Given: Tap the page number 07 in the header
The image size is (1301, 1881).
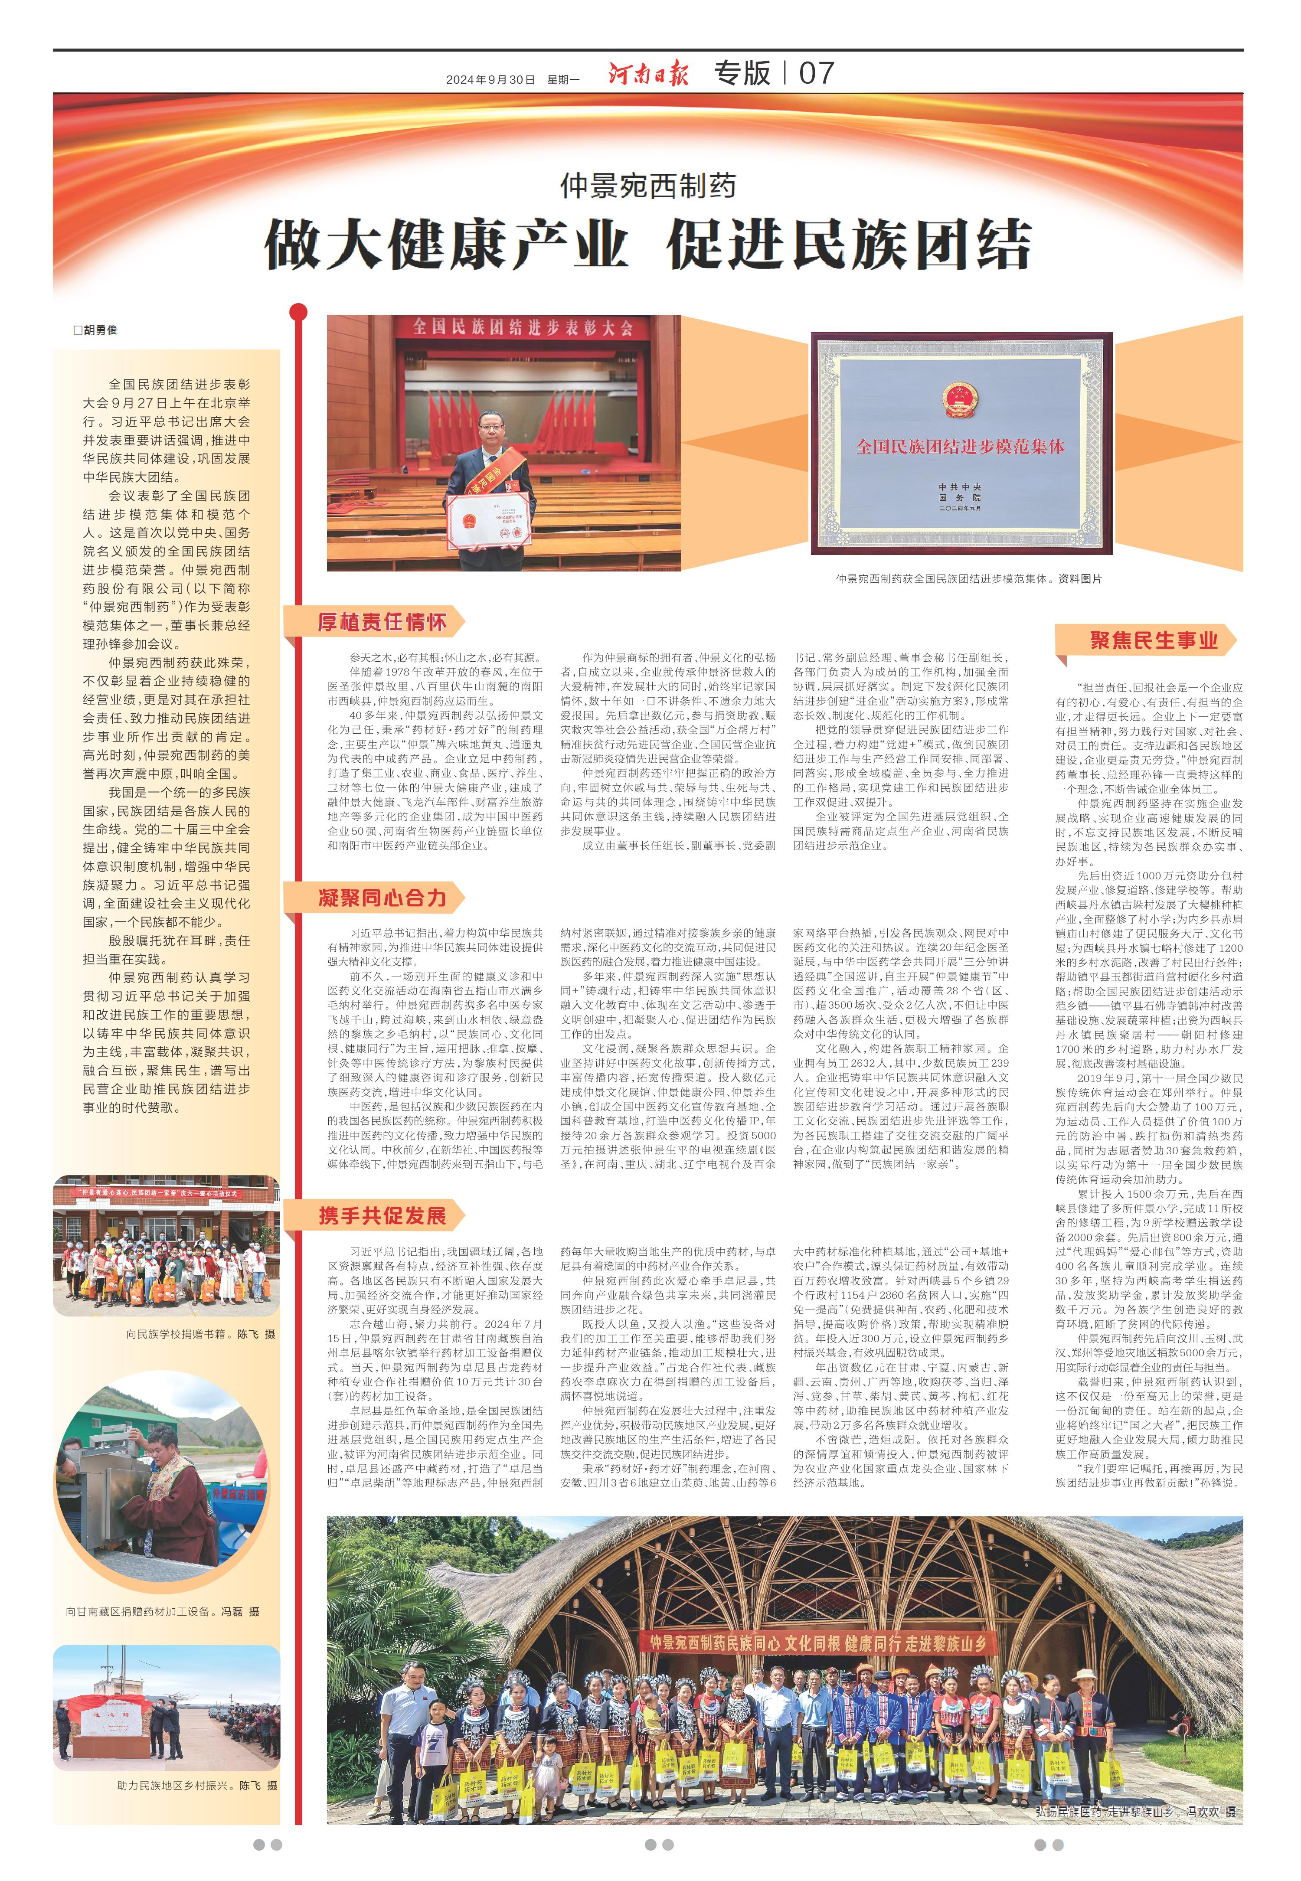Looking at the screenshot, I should (x=816, y=73).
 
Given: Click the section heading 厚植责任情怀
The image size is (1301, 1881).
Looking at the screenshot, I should (x=382, y=623).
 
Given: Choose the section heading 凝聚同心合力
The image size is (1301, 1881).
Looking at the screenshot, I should (x=382, y=898).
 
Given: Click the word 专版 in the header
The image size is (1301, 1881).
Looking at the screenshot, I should (x=742, y=73).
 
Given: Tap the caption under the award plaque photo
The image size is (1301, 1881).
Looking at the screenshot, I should (x=968, y=578).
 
